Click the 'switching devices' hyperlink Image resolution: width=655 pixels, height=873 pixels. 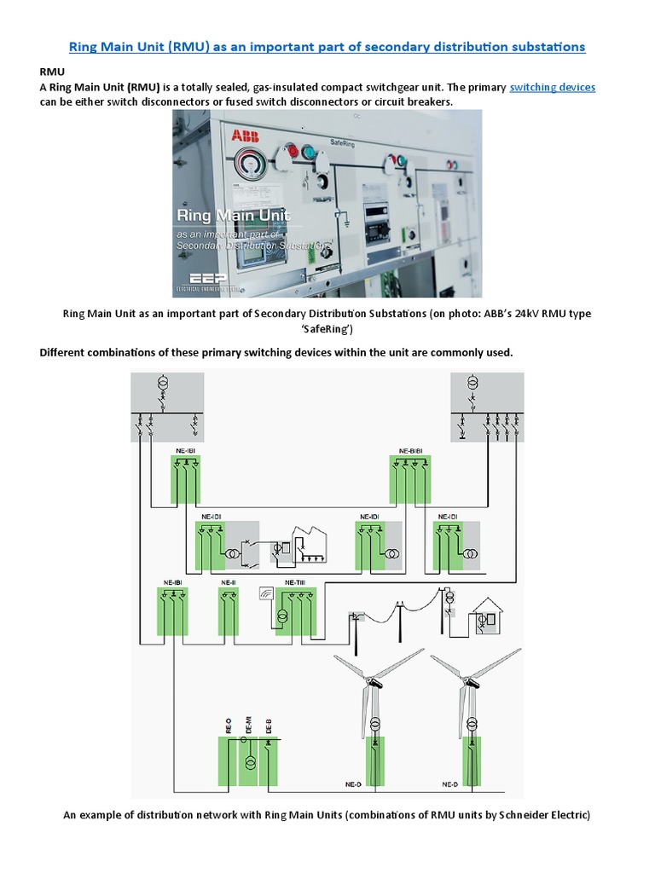[552, 88]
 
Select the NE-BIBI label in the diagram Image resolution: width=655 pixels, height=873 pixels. [410, 450]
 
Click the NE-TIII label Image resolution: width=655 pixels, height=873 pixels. [295, 582]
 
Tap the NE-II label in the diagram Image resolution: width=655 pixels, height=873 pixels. [228, 582]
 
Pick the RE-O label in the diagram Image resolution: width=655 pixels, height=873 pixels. [229, 726]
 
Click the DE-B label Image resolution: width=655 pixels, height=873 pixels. [268, 726]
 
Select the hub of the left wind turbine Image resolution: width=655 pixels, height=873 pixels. [372, 680]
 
